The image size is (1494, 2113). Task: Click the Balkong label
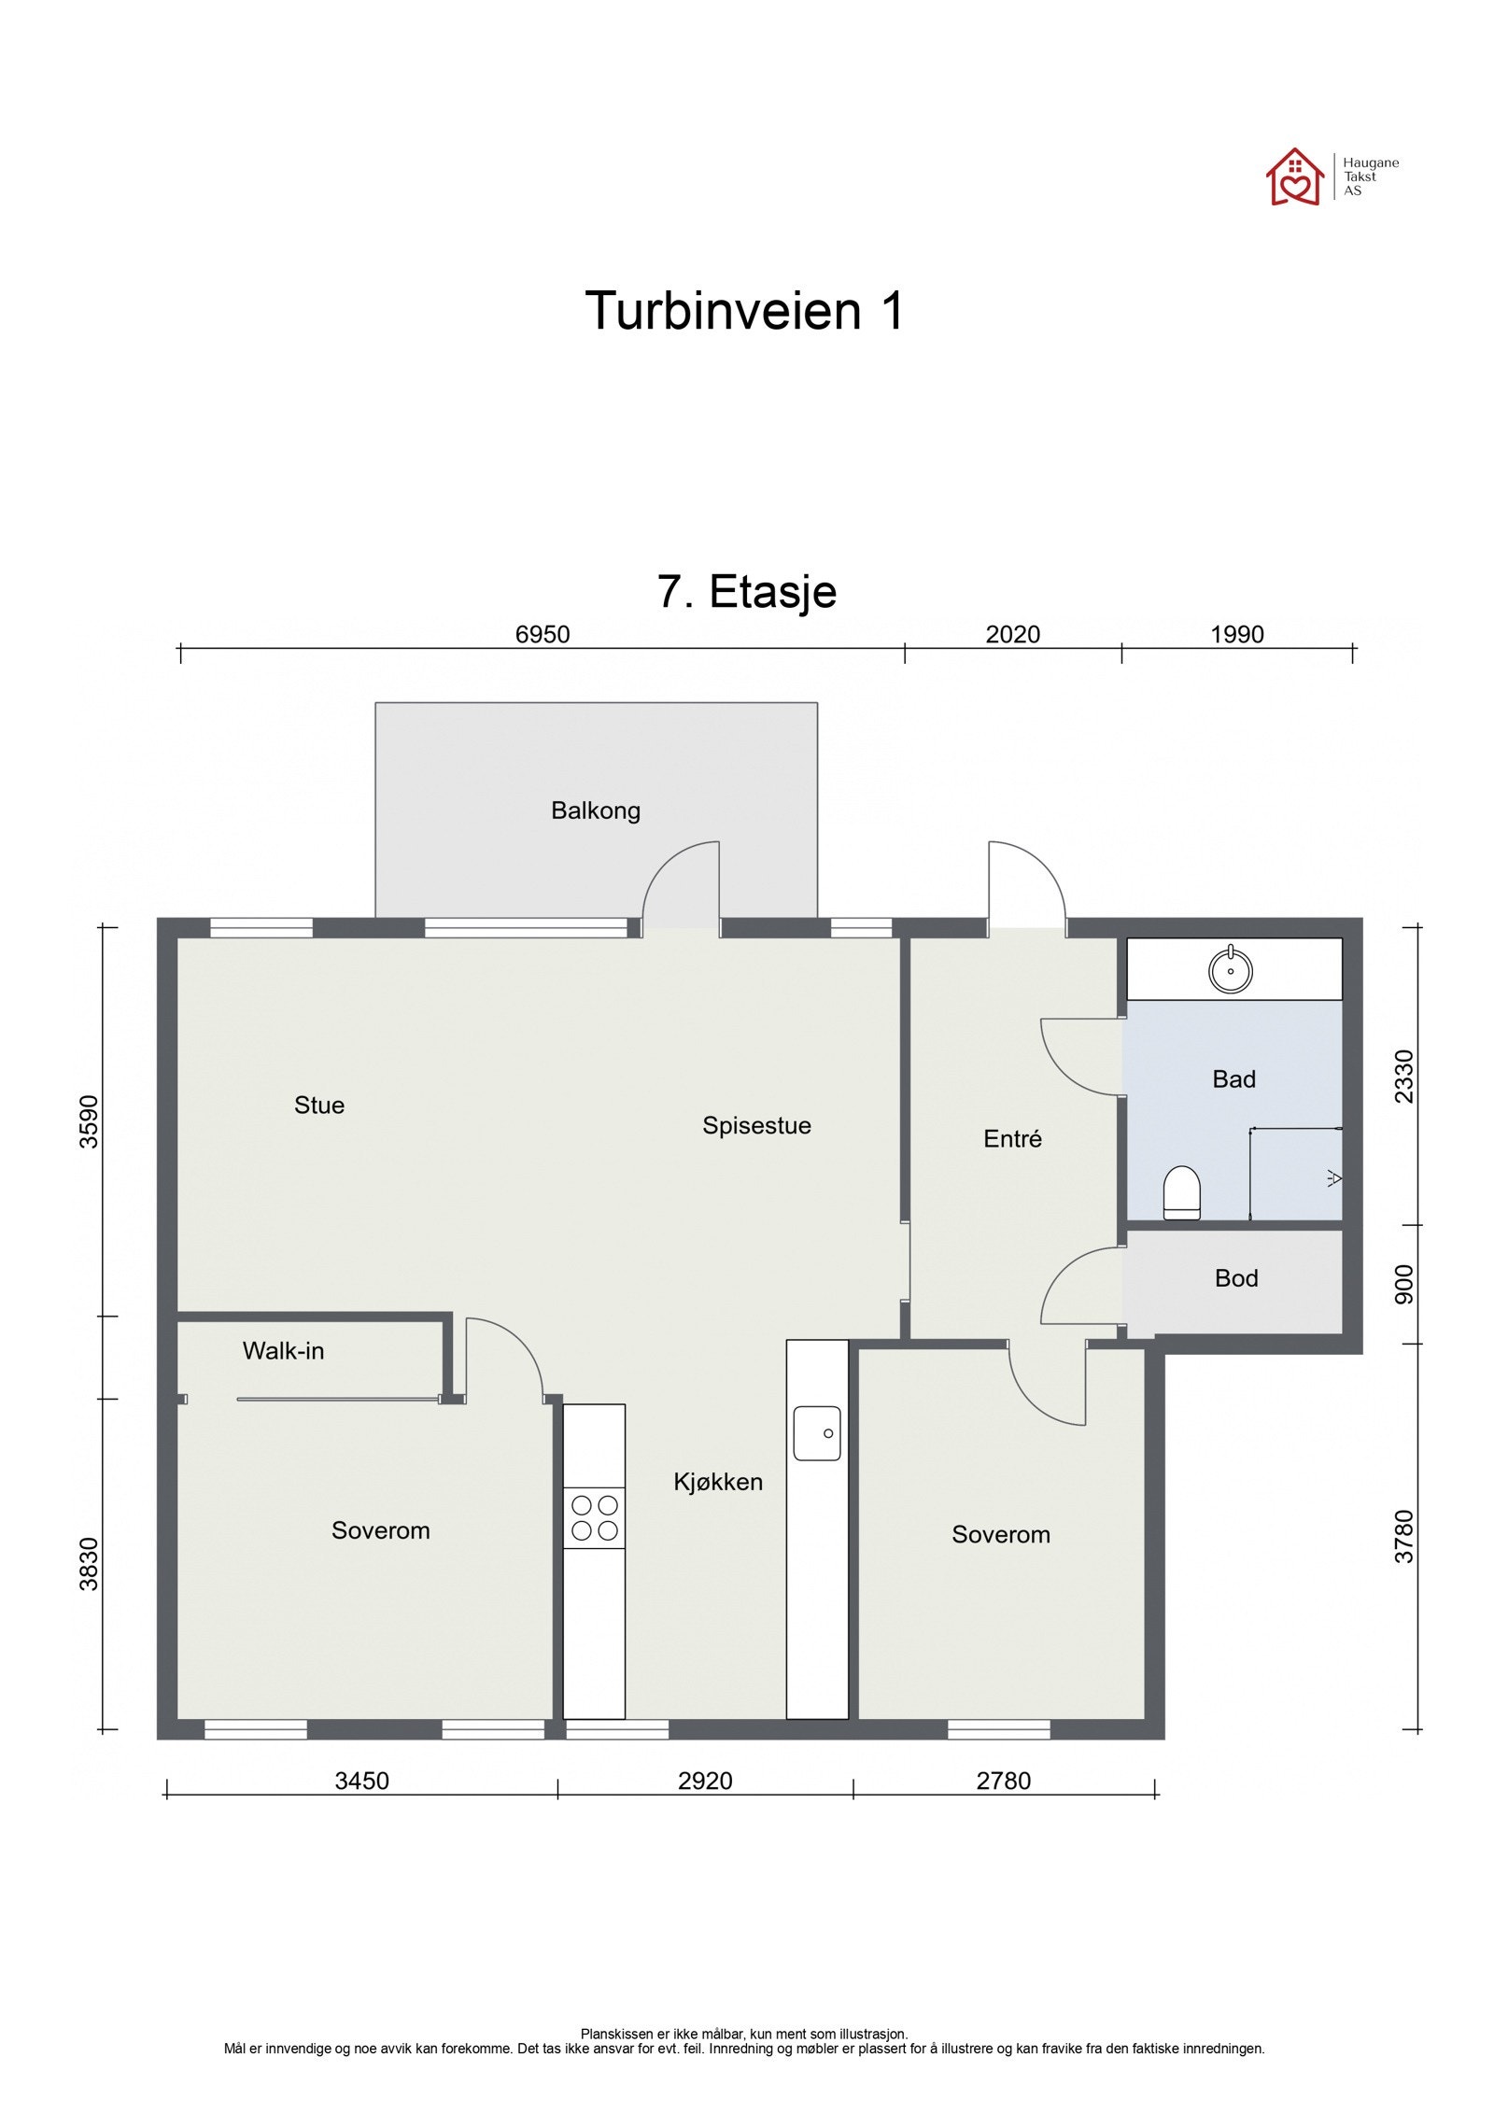tap(596, 810)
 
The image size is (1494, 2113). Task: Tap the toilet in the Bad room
tap(1181, 1192)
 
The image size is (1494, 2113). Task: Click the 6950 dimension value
tap(543, 635)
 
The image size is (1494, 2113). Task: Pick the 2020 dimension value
tap(1013, 635)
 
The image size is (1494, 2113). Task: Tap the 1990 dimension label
tap(1237, 635)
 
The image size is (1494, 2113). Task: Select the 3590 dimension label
tap(89, 1121)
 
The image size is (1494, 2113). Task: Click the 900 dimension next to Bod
tap(1403, 1285)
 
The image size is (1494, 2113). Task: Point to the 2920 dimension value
tap(705, 1781)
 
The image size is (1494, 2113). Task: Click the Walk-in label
tap(283, 1351)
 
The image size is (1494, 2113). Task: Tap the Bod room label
tap(1236, 1278)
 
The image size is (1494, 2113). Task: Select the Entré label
tap(1012, 1138)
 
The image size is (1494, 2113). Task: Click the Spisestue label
tap(756, 1126)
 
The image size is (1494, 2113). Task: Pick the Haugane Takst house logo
tap(1294, 176)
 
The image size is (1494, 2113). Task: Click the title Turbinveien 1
tap(745, 310)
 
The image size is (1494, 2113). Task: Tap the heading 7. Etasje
tap(747, 591)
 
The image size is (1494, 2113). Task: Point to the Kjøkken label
tap(718, 1482)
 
